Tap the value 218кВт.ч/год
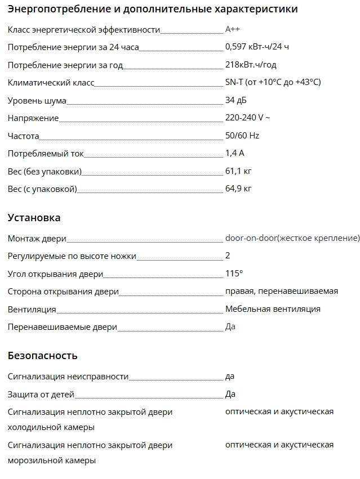(251, 65)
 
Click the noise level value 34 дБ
(235, 100)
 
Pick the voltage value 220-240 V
(247, 118)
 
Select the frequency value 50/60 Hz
(242, 136)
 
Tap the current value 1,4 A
(234, 153)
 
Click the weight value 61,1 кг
(238, 171)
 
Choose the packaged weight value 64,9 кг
(238, 189)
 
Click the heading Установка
(34, 218)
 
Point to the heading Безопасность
(43, 356)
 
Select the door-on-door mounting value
(292, 238)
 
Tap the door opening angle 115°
(234, 274)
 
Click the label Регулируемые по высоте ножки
(72, 256)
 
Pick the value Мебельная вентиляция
(273, 309)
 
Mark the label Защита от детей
(41, 394)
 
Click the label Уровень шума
(37, 101)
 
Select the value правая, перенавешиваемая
(281, 291)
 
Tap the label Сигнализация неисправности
(68, 376)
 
